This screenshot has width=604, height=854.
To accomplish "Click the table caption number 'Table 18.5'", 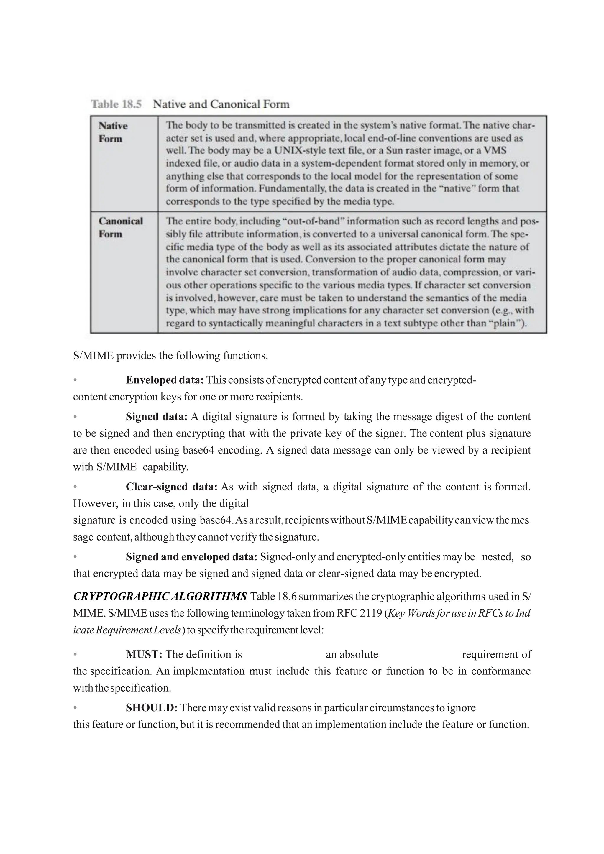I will tap(116, 104).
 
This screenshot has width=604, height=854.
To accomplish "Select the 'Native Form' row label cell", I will tap(113, 132).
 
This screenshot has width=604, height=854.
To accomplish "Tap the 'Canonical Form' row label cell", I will tap(121, 227).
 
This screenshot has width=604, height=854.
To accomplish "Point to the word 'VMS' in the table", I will tap(495, 150).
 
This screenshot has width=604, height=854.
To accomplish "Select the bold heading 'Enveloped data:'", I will tap(165, 380).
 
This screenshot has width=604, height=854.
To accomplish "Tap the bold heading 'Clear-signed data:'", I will tap(171, 487).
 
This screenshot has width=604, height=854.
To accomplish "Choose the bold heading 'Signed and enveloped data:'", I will tap(191, 556).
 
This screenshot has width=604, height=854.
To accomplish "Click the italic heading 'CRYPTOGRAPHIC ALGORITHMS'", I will tap(160, 596).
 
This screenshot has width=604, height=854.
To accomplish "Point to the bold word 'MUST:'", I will tap(144, 654).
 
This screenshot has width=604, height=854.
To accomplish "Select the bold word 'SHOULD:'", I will tap(152, 707).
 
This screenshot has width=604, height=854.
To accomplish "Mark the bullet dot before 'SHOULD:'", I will tap(75, 707).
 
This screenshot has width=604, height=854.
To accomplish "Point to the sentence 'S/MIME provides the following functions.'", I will tap(170, 355).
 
